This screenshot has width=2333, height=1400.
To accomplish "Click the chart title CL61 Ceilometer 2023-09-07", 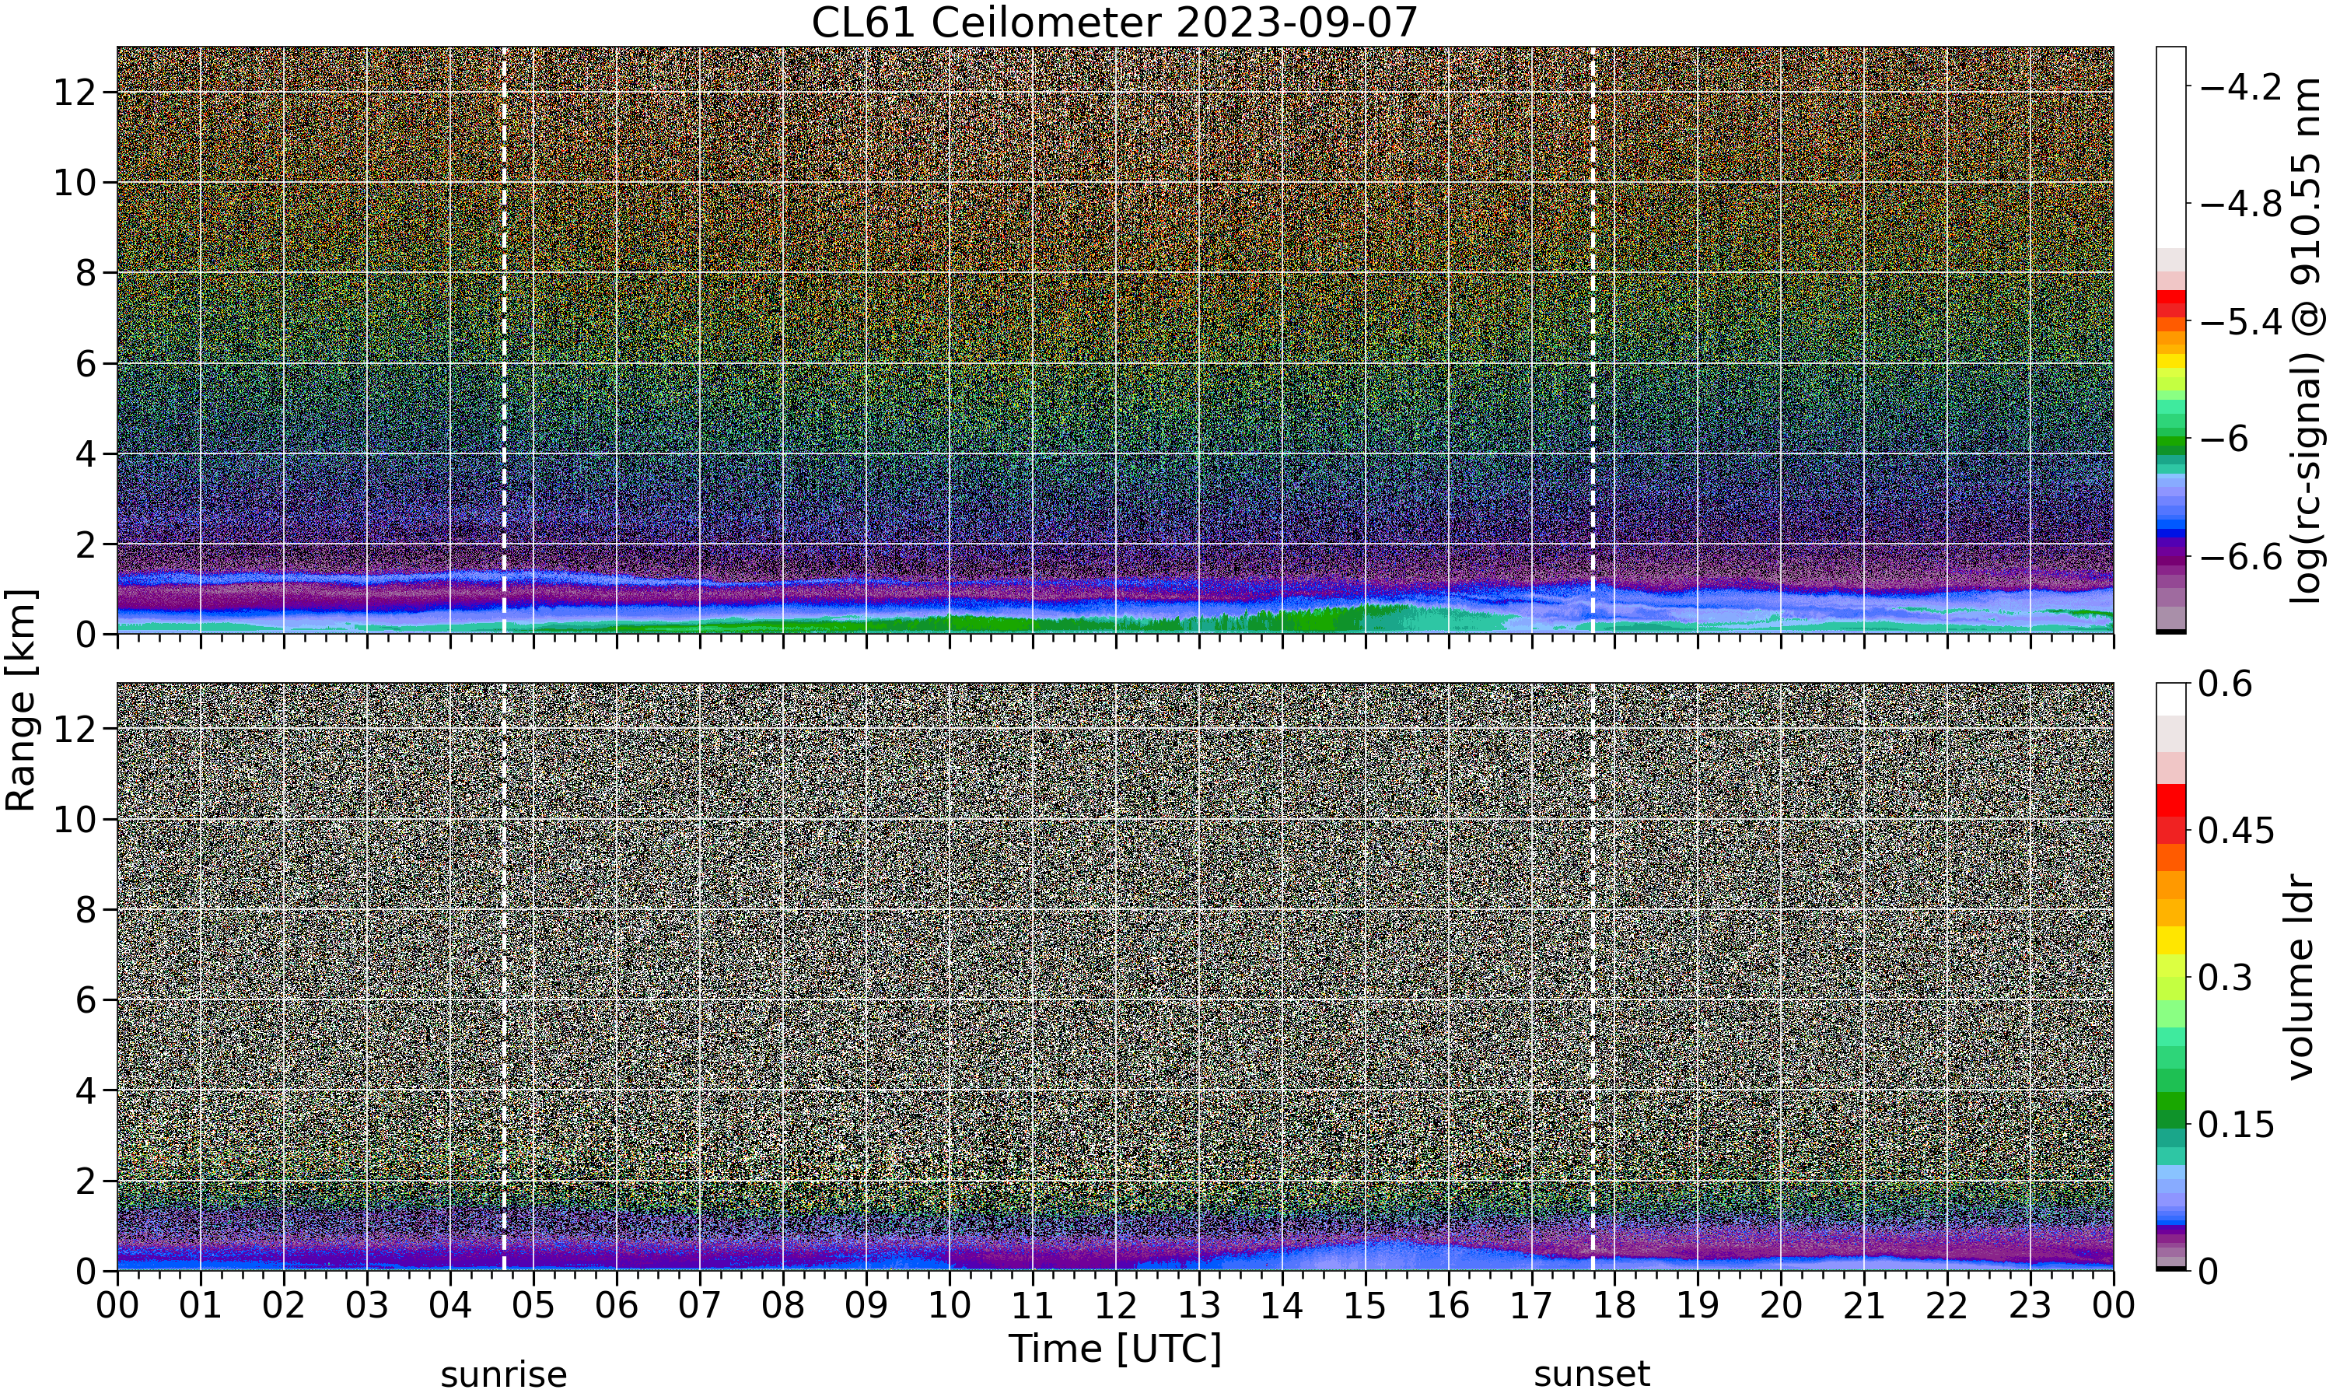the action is click(1114, 22).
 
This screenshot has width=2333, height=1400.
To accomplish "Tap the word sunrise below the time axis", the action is click(504, 1374).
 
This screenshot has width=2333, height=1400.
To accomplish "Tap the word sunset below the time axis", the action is click(1592, 1374).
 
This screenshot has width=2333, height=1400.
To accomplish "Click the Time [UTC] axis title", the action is click(1114, 1348).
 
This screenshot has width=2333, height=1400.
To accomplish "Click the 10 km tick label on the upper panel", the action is click(75, 183).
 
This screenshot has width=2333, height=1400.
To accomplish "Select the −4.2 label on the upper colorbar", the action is click(2240, 87).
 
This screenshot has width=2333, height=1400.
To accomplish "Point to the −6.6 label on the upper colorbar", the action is click(2240, 557).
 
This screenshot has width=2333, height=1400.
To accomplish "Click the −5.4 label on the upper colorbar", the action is click(2240, 322).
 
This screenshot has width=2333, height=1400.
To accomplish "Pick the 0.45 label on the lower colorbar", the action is click(2236, 830).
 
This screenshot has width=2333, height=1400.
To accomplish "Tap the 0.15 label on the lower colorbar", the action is click(2236, 1125).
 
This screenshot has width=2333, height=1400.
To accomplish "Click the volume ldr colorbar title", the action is click(2302, 978).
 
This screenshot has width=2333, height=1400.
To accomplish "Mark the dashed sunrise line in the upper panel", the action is click(504, 340).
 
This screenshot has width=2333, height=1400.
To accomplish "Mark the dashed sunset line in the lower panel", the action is click(1593, 976).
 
